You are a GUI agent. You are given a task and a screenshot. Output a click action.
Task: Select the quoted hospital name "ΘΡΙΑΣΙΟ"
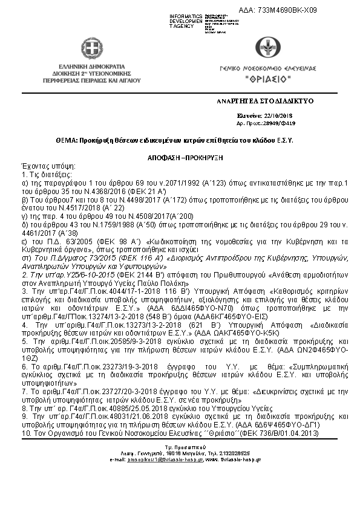click(x=267, y=80)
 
